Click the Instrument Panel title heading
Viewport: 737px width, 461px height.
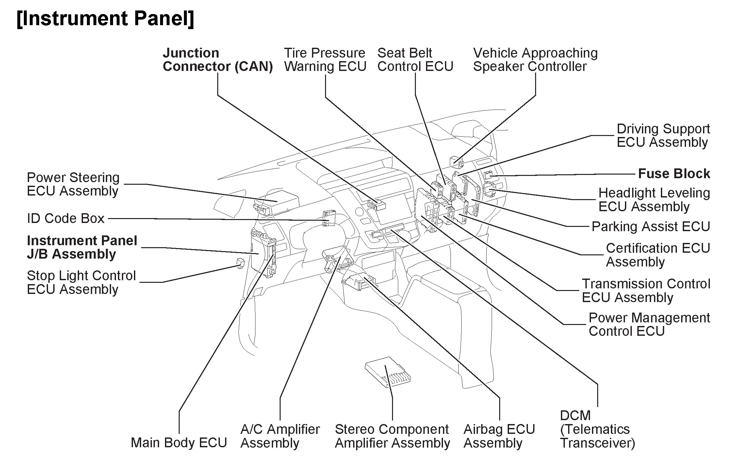pyautogui.click(x=105, y=19)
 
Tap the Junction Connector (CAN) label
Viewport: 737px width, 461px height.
pyautogui.click(x=218, y=60)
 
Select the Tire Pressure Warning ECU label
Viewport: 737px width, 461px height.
pyautogui.click(x=325, y=60)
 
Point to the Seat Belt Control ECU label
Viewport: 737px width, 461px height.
pyautogui.click(x=415, y=60)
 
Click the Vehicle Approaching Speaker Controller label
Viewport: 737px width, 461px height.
pyautogui.click(x=535, y=60)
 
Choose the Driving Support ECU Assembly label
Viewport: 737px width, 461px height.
pyautogui.click(x=663, y=135)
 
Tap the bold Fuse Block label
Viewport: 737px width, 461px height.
pyautogui.click(x=674, y=174)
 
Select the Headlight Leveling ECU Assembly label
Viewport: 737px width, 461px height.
pyautogui.click(x=654, y=199)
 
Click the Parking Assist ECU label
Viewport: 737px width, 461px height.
pyautogui.click(x=651, y=227)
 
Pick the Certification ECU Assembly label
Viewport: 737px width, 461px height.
pyautogui.click(x=658, y=255)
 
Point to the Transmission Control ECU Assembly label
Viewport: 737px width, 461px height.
pyautogui.click(x=646, y=290)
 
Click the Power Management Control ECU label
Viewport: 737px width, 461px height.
pyautogui.click(x=649, y=324)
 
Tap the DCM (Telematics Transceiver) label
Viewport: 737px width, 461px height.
pyautogui.click(x=597, y=429)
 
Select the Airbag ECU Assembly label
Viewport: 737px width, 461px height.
pyautogui.click(x=499, y=436)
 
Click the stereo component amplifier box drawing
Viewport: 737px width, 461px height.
pyautogui.click(x=388, y=372)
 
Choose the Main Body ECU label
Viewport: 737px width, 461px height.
pyautogui.click(x=179, y=443)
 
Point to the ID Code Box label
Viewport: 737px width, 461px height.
pyautogui.click(x=66, y=218)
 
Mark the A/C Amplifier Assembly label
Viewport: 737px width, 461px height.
pyautogui.click(x=280, y=436)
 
